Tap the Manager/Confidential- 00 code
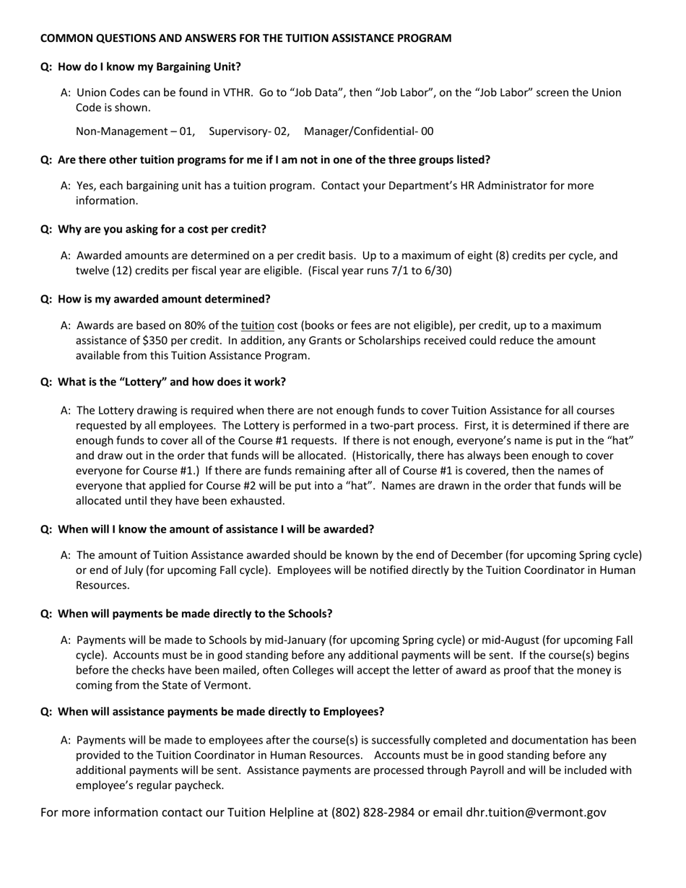pyautogui.click(x=368, y=131)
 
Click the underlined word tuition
pyautogui.click(x=257, y=326)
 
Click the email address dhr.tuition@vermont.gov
pyautogui.click(x=536, y=812)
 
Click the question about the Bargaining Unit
pyautogui.click(x=141, y=66)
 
